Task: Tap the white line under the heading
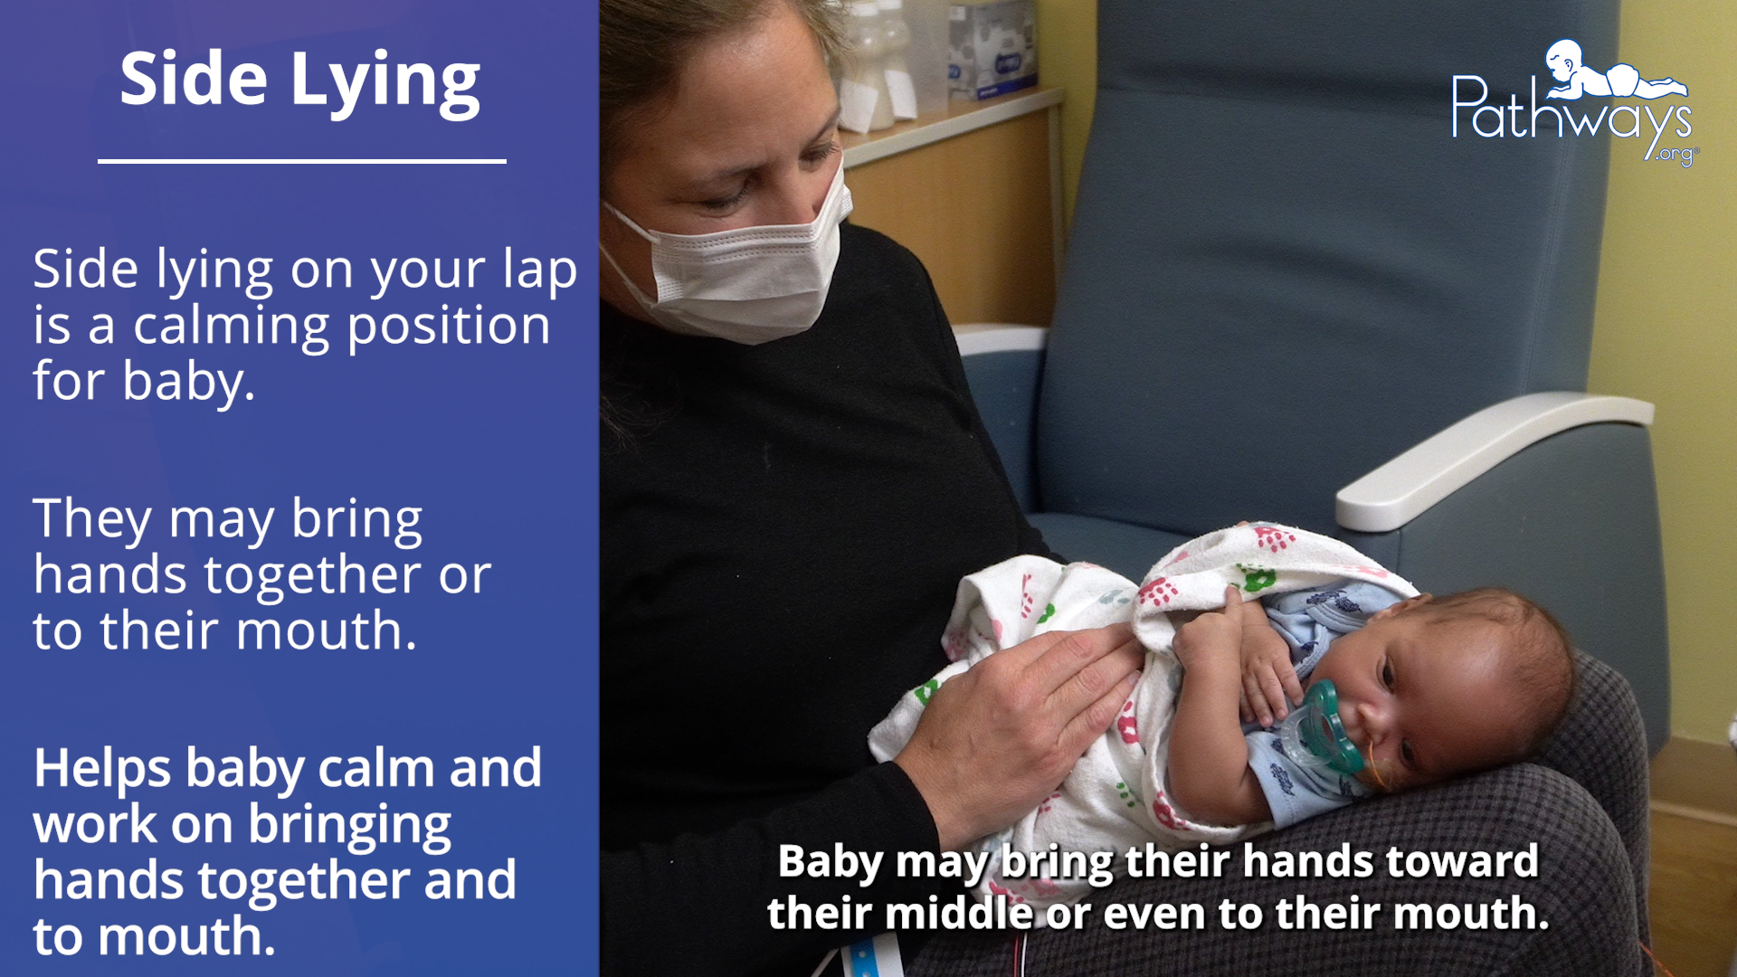click(302, 162)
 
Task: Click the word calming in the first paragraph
click(232, 328)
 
